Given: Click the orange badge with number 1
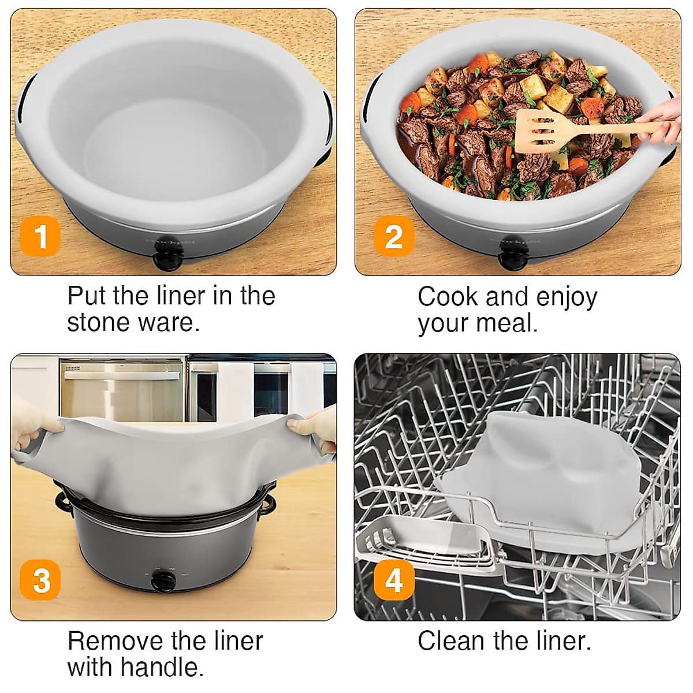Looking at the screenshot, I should (40, 236).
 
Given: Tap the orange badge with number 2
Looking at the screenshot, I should (394, 236).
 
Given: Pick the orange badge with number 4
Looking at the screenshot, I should (394, 580).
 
